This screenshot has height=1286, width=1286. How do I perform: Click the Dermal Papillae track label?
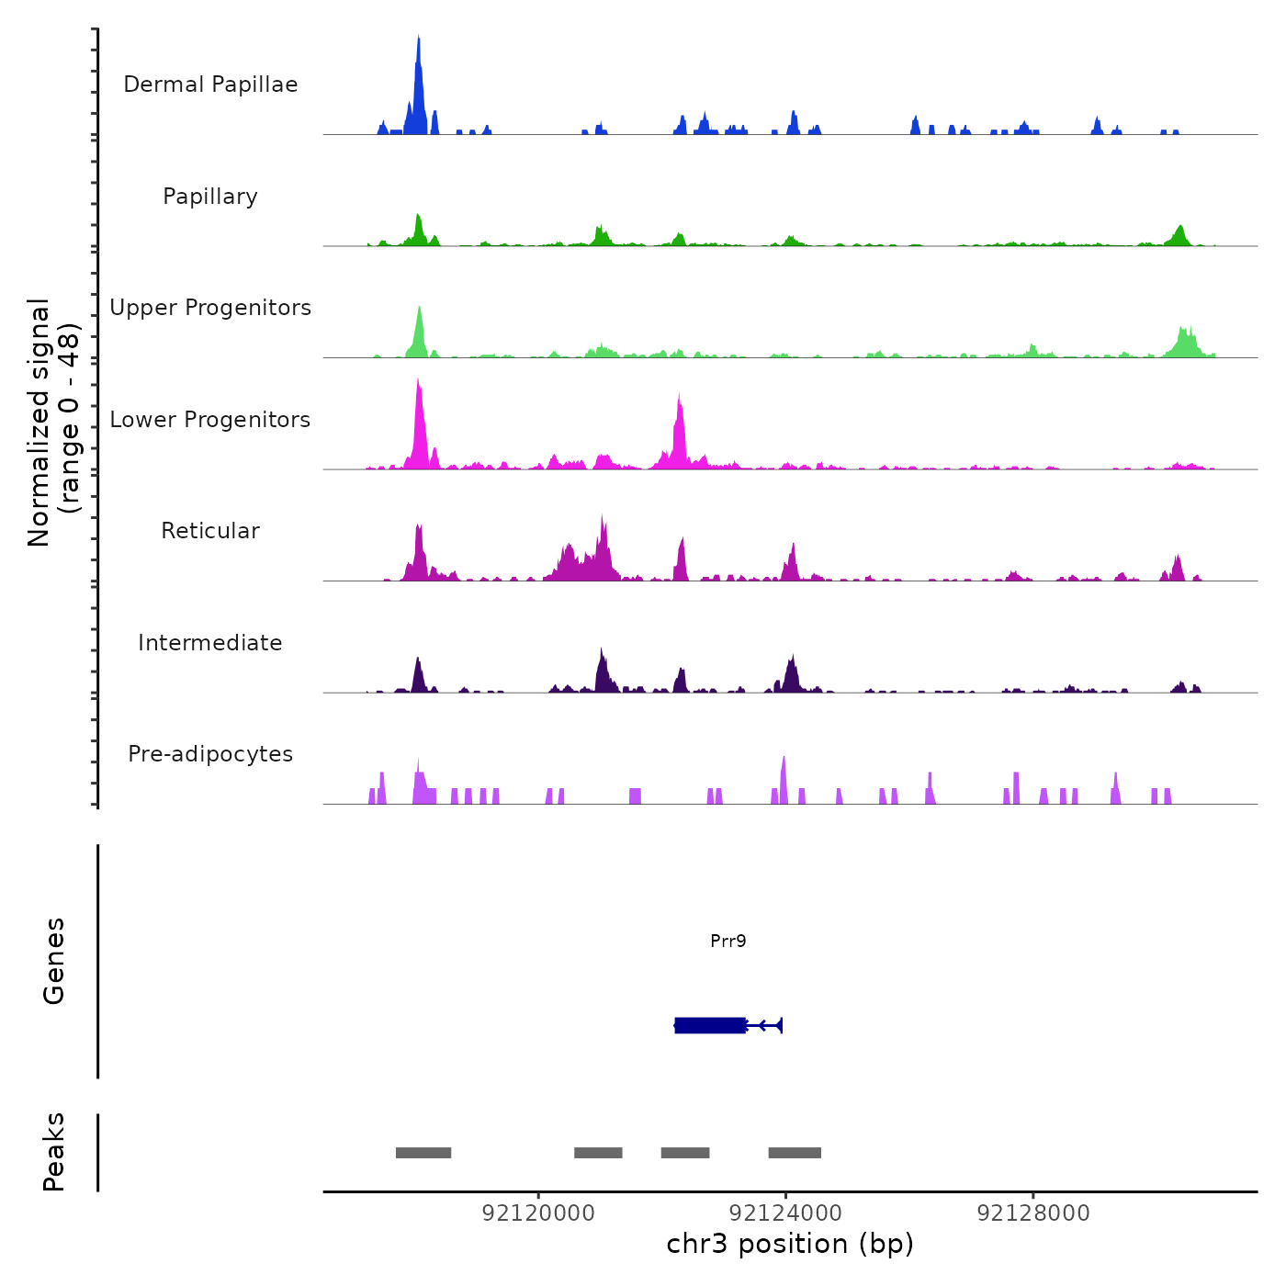210,85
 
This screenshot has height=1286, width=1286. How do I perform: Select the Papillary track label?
210,197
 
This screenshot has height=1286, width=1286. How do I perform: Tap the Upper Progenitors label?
210,308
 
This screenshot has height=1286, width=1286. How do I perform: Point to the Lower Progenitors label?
210,420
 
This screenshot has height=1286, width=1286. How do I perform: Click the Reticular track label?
210,531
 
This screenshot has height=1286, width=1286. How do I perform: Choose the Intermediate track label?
210,643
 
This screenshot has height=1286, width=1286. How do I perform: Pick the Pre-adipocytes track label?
210,754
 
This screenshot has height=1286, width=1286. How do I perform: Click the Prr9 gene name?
728,941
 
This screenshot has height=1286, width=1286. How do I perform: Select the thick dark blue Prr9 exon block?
710,1025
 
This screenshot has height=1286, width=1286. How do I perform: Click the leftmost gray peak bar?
423,1153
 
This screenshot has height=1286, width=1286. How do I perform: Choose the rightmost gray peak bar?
795,1153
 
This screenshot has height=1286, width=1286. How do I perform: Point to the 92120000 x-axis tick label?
538,1213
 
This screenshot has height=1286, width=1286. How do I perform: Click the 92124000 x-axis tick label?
785,1213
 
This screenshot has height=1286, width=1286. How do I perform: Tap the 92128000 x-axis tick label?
1033,1213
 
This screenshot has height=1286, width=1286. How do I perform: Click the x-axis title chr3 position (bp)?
790,1244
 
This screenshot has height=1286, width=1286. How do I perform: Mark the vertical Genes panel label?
53,961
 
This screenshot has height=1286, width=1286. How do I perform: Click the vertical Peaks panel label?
53,1152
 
